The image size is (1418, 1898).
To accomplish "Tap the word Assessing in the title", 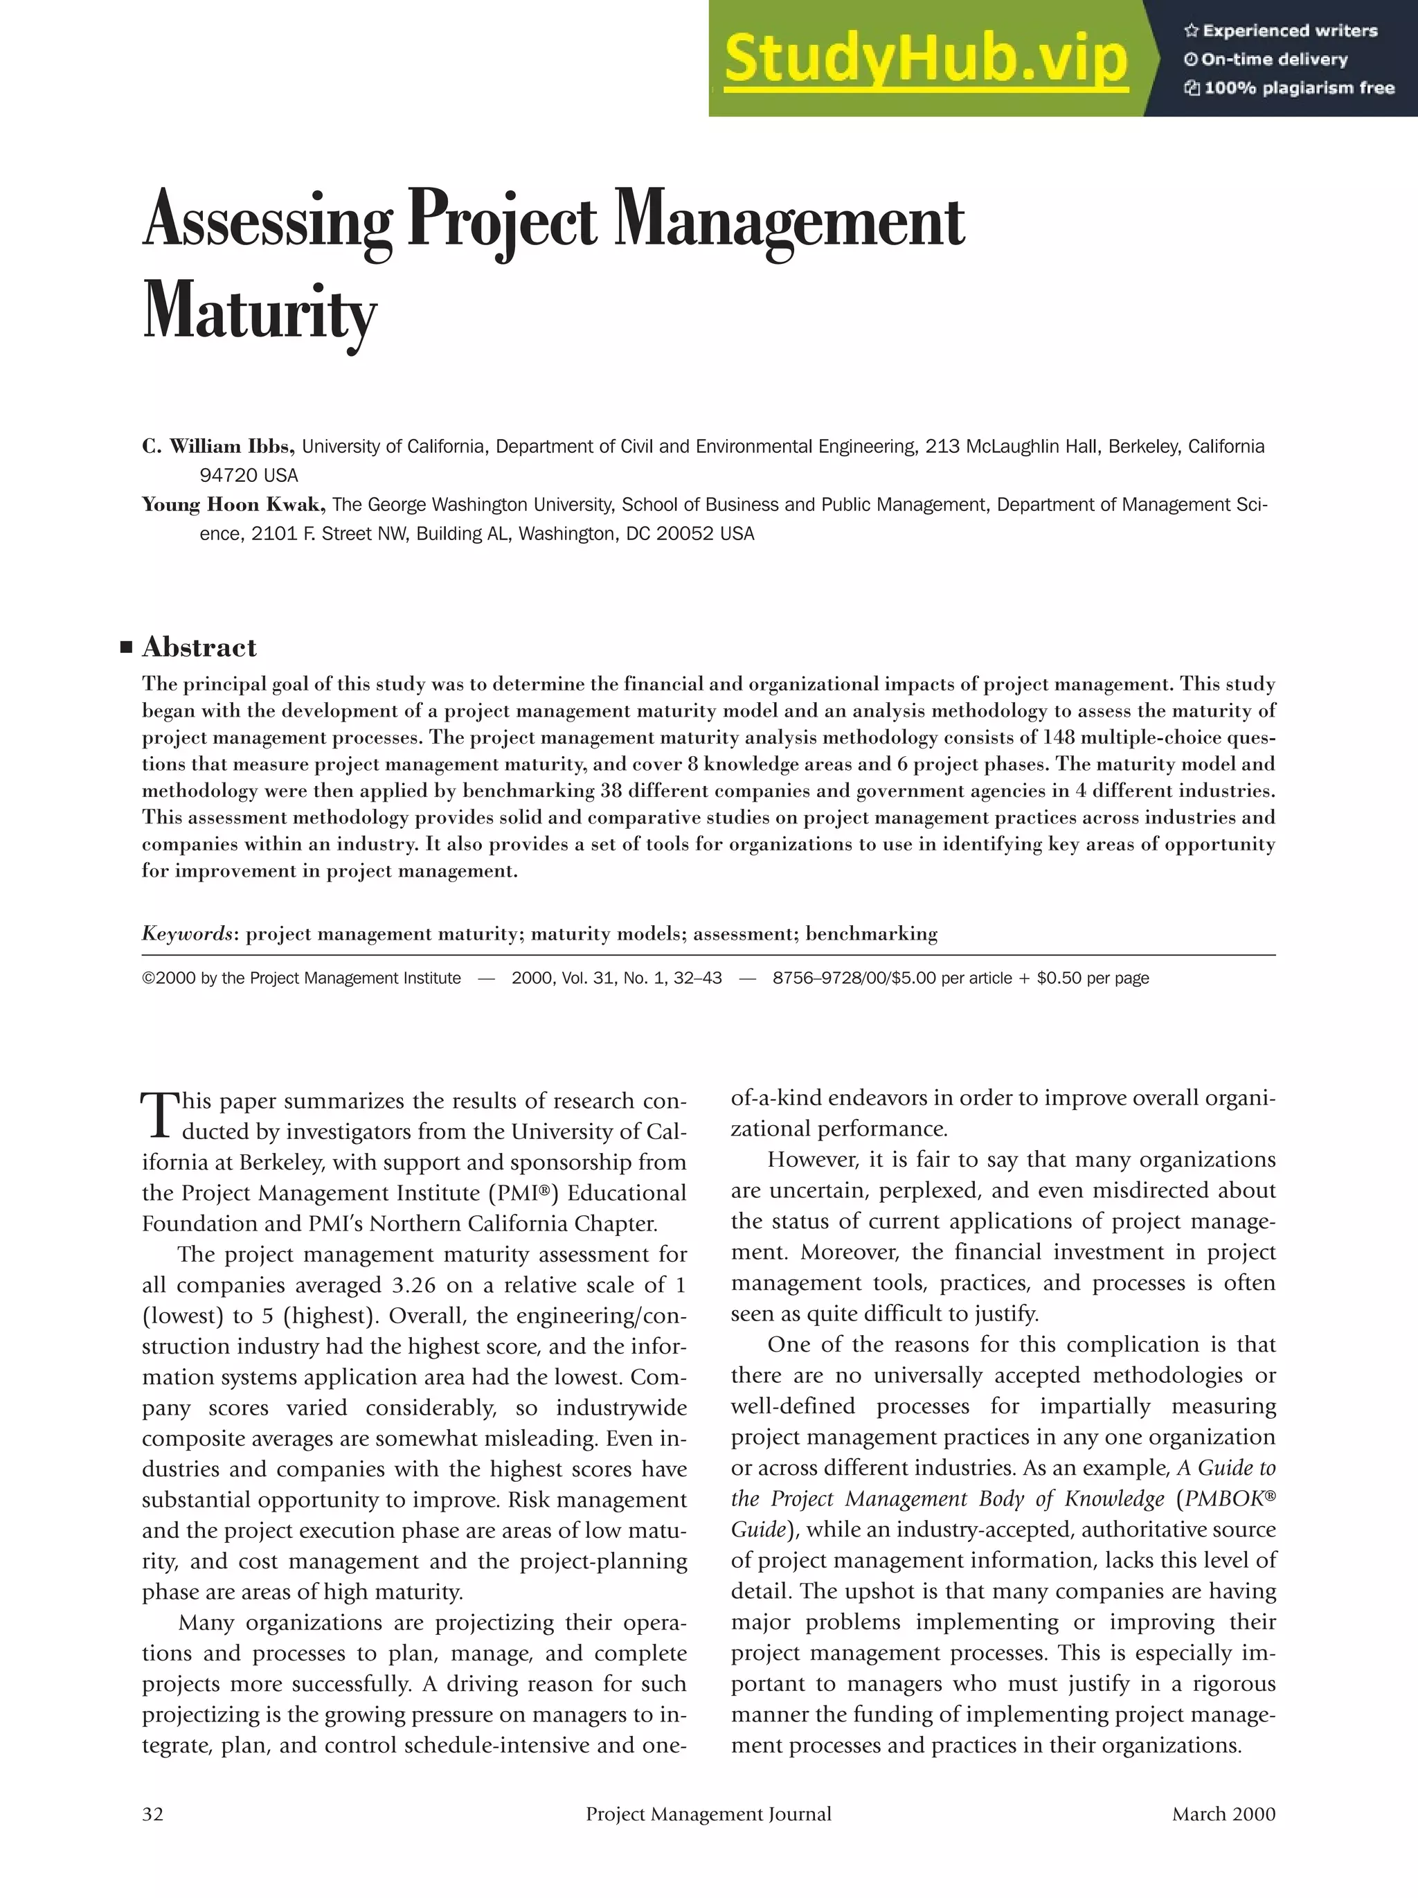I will click(267, 222).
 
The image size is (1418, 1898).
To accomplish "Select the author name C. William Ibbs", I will click(219, 446).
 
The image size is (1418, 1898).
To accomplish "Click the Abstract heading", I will click(199, 647).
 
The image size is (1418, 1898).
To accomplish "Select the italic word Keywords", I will click(187, 933).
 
